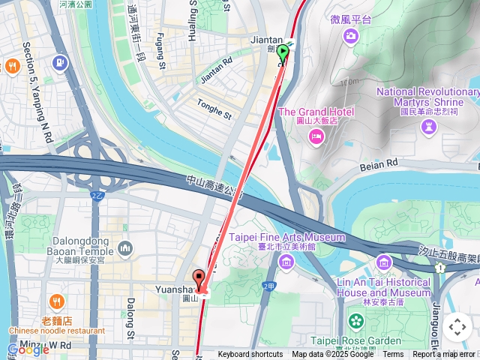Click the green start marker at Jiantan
point(283,53)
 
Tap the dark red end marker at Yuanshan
point(199,277)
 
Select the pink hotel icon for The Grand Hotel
point(316,136)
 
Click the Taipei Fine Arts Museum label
point(287,238)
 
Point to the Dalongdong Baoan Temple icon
point(125,247)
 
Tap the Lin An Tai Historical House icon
point(384,262)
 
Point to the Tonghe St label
point(214,109)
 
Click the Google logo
point(28,349)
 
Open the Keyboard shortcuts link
point(250,355)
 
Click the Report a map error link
point(443,355)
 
